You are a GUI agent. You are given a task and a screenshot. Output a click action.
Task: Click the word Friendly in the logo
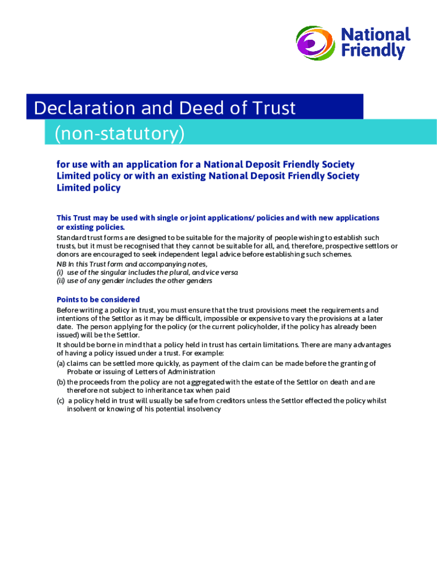373,52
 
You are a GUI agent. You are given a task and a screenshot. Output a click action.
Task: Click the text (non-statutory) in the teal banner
120,134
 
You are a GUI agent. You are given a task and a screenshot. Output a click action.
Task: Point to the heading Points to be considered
98,300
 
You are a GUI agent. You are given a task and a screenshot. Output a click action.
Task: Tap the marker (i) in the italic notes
60,272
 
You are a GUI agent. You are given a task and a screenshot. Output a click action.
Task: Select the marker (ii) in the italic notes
61,281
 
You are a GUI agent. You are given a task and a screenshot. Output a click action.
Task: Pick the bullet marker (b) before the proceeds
61,382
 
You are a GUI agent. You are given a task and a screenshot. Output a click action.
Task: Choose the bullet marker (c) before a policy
61,401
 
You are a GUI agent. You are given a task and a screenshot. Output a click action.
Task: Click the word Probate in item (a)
81,372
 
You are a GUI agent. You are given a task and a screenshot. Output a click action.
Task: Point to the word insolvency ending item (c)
200,409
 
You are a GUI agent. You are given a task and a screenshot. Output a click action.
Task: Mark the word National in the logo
375,35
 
